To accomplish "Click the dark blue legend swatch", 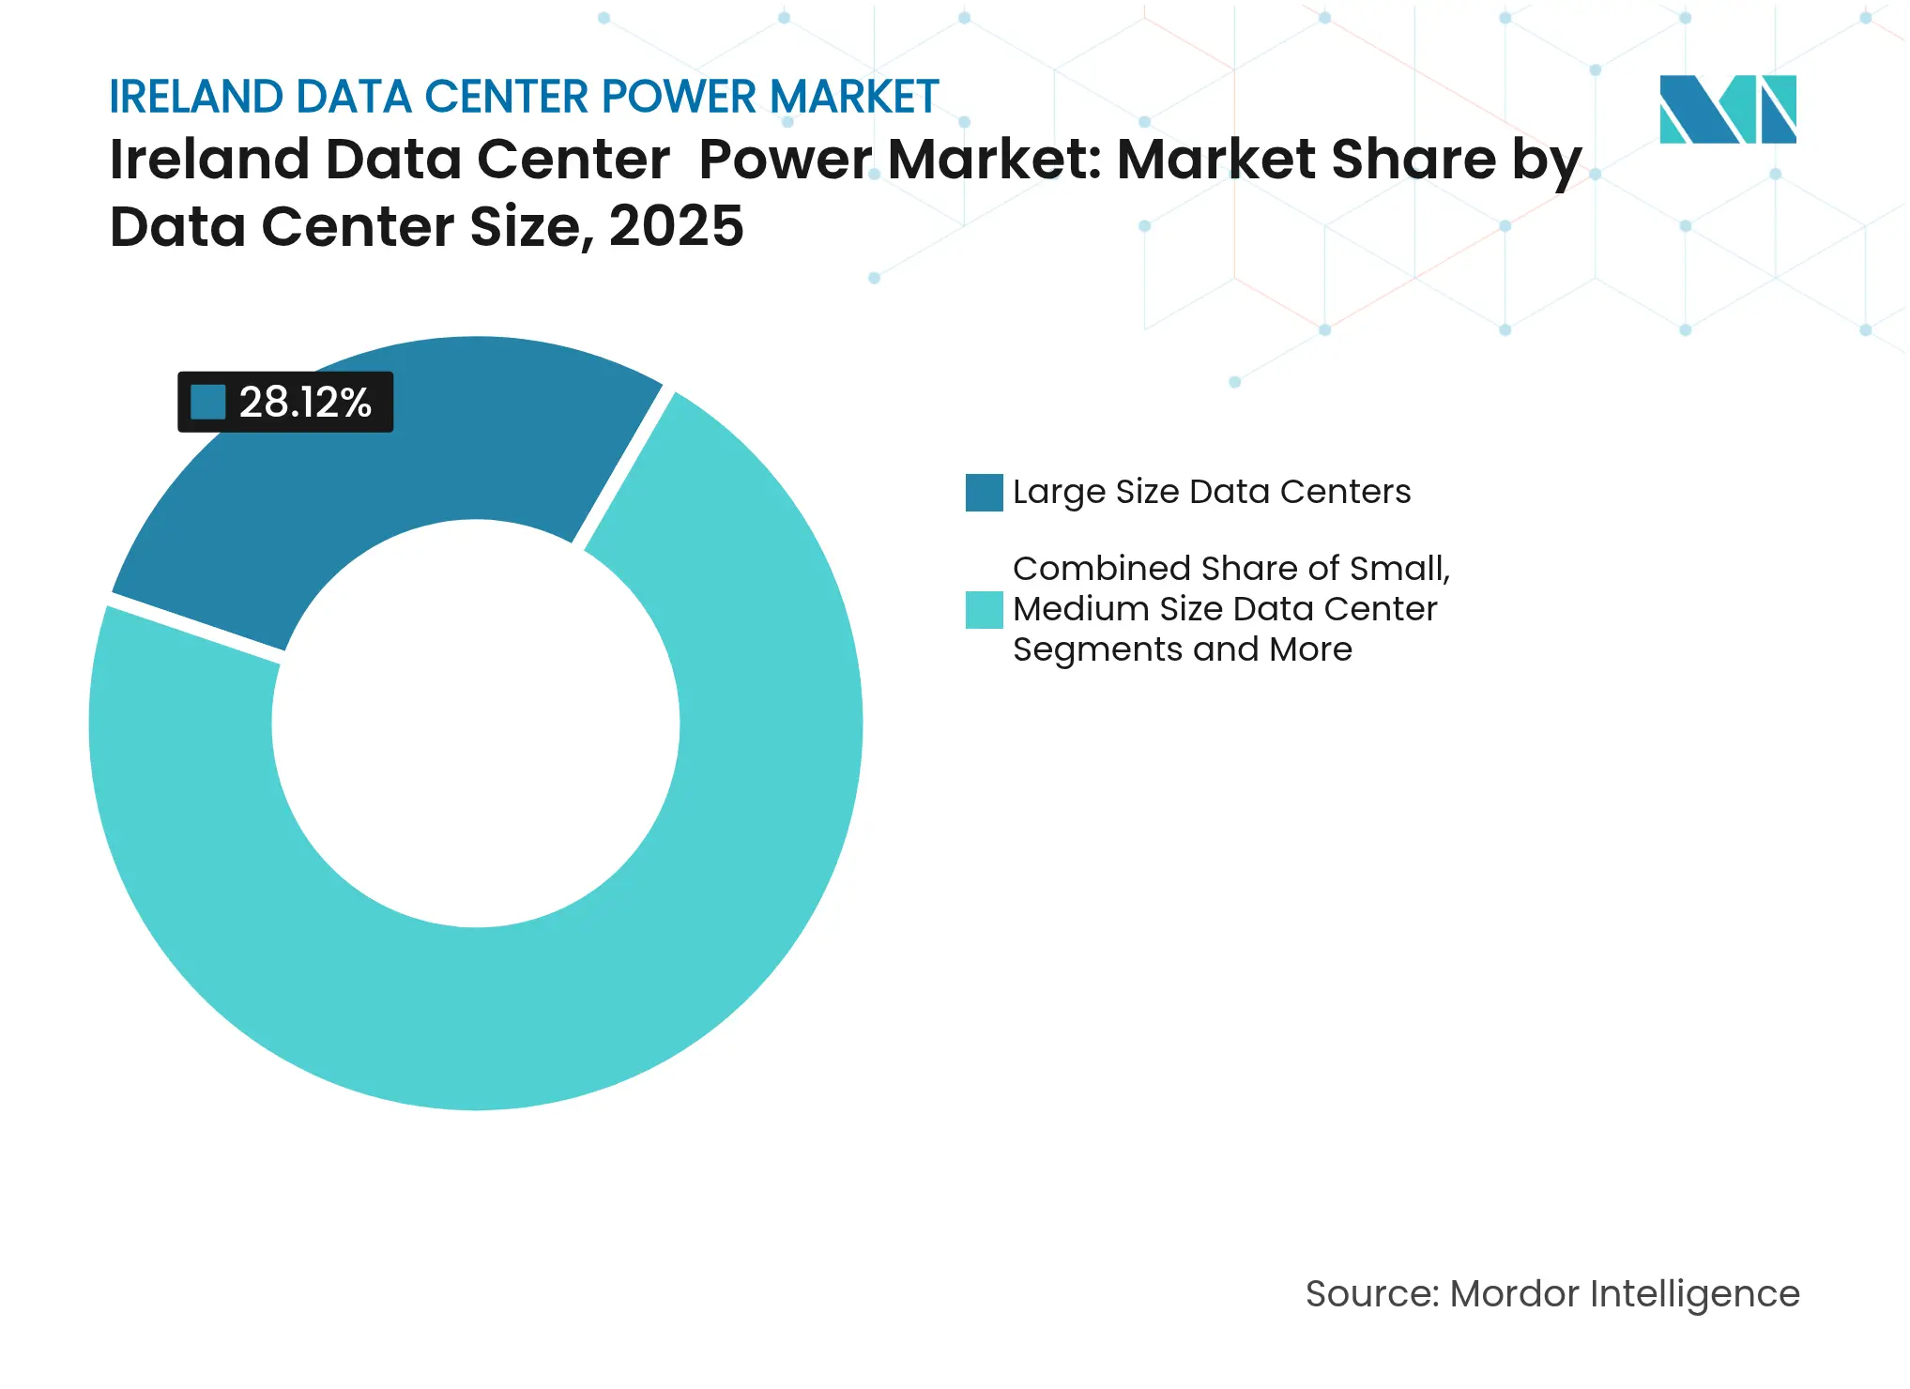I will coord(984,492).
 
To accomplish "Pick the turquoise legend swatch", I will coord(984,609).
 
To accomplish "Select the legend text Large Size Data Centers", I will coord(1211,492).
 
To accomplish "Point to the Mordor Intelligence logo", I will coord(1727,109).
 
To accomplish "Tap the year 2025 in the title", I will coord(676,227).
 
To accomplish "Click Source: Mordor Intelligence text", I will coord(1552,1293).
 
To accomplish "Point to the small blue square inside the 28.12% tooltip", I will coord(207,402).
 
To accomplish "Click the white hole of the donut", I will coord(476,724).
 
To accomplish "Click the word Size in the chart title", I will coord(530,227).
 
